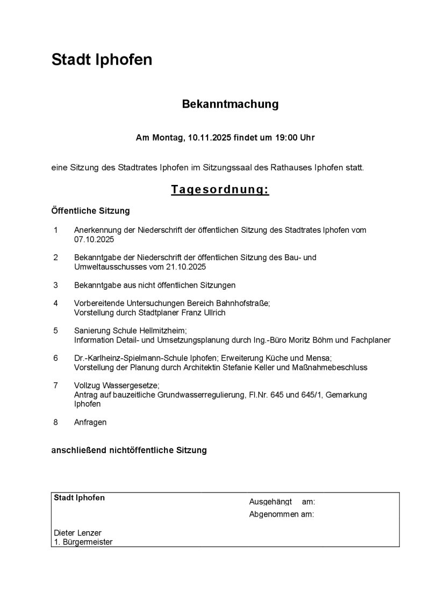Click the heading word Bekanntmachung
coord(230,104)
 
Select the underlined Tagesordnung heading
coord(220,190)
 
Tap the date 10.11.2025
coord(210,138)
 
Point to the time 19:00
coord(286,138)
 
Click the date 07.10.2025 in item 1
coord(94,239)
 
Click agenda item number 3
coord(55,285)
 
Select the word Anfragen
coord(90,422)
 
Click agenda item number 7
coord(55,385)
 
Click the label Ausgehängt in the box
coord(270,502)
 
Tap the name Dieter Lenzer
coord(77,533)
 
